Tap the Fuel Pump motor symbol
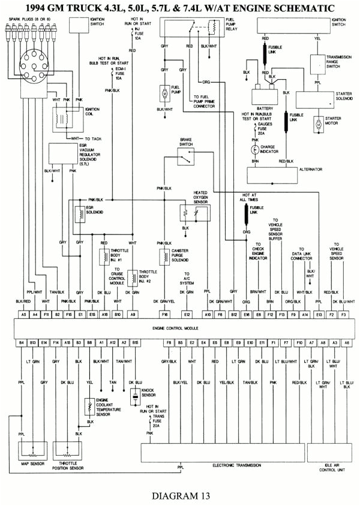click(164, 93)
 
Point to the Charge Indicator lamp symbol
click(255, 147)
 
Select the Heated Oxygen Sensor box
click(192, 213)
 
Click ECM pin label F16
click(164, 314)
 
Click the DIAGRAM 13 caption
click(181, 495)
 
